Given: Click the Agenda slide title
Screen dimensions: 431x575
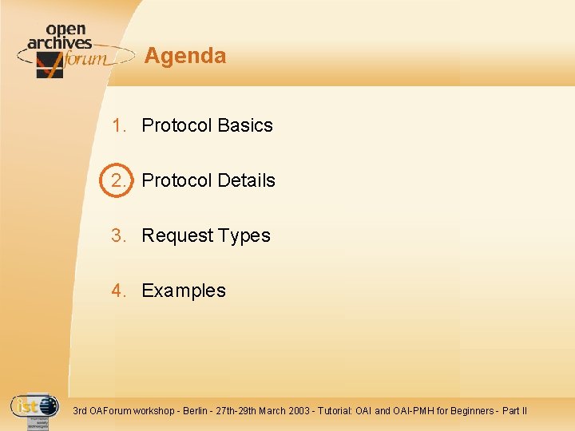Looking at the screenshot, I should click(185, 56).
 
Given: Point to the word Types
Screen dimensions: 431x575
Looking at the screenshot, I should click(244, 235).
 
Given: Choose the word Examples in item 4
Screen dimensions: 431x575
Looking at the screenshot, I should click(184, 291).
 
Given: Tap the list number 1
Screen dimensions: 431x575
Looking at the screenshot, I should click(118, 125).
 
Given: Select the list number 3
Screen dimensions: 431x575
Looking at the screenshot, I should click(118, 235).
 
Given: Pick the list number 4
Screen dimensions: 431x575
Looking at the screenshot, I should click(118, 291).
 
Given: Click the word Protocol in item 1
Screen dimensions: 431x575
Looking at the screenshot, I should click(176, 125).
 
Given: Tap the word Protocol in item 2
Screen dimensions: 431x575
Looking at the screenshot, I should click(176, 180).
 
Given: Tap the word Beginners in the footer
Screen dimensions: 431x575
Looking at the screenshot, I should click(470, 411).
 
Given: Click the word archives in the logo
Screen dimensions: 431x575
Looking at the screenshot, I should click(59, 43).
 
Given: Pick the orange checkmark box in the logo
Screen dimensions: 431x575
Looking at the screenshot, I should click(50, 65).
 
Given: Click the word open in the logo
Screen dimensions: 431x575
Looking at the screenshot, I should click(66, 30).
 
